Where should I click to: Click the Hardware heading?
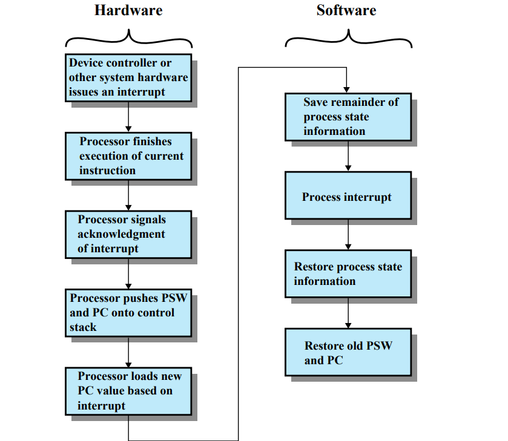128,10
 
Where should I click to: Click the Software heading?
346,10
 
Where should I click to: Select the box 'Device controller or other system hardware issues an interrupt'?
128,78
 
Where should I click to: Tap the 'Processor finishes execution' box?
128,156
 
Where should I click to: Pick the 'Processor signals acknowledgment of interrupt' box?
128,234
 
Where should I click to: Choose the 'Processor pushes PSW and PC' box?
128,313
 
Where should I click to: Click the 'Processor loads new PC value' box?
128,391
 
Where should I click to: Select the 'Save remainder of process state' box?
348,117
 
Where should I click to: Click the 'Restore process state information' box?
348,274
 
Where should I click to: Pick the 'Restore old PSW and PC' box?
348,352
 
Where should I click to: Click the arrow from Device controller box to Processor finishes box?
128,116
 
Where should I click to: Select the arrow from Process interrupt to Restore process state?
348,234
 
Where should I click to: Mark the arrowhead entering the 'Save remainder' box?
346,89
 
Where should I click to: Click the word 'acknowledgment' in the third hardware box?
121,234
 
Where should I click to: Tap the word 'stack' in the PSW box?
83,327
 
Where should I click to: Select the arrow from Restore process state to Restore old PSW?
348,313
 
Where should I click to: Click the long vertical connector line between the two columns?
239,254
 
